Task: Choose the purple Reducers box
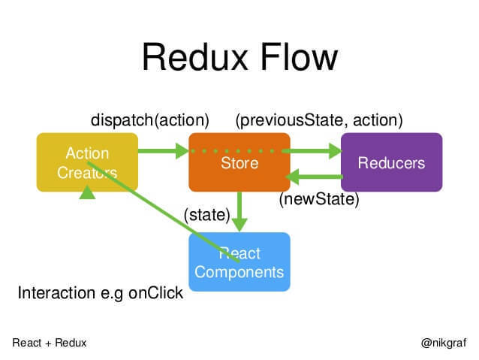click(391, 163)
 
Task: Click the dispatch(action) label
click(149, 119)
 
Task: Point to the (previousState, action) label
click(319, 119)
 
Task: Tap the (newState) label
click(319, 200)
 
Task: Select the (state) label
click(206, 215)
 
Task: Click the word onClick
click(155, 293)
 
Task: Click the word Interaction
click(53, 293)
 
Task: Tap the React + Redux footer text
click(50, 343)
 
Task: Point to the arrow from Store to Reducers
click(315, 151)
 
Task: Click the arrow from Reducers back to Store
click(315, 178)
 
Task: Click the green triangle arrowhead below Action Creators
click(88, 193)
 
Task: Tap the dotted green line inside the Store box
click(239, 151)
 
